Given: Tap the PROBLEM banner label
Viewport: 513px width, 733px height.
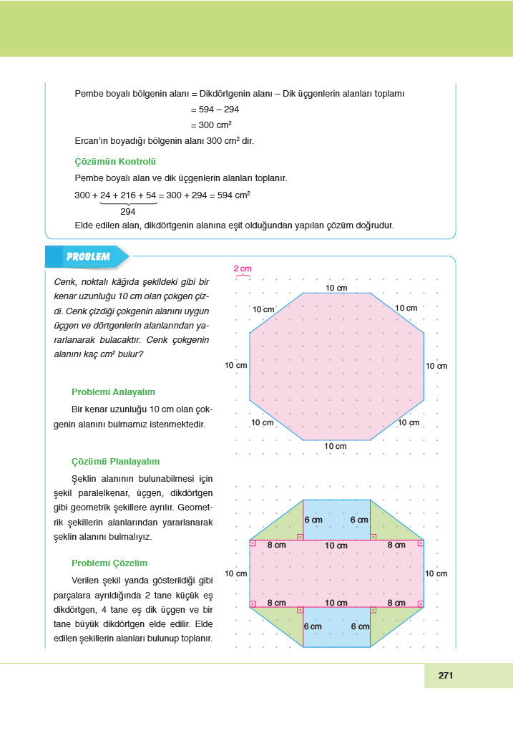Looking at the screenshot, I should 88,256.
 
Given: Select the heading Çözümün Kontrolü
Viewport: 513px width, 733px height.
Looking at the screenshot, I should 115,162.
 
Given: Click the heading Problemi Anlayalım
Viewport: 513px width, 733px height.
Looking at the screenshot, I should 113,392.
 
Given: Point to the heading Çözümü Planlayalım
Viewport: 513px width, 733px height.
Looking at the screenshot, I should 115,462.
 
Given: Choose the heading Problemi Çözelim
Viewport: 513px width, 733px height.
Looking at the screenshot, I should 109,563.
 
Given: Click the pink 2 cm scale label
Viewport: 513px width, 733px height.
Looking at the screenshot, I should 243,268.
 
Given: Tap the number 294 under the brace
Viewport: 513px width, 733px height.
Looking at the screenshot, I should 128,212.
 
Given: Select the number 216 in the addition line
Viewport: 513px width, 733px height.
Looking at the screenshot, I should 125,195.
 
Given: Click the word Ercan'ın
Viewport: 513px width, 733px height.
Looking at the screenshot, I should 92,141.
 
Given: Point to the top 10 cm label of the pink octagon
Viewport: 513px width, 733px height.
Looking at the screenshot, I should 336,287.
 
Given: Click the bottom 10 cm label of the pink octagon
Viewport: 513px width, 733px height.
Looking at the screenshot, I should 335,446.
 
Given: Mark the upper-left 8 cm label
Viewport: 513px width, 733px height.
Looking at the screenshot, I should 276,545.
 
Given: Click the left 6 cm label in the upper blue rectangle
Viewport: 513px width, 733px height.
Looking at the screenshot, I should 313,520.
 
